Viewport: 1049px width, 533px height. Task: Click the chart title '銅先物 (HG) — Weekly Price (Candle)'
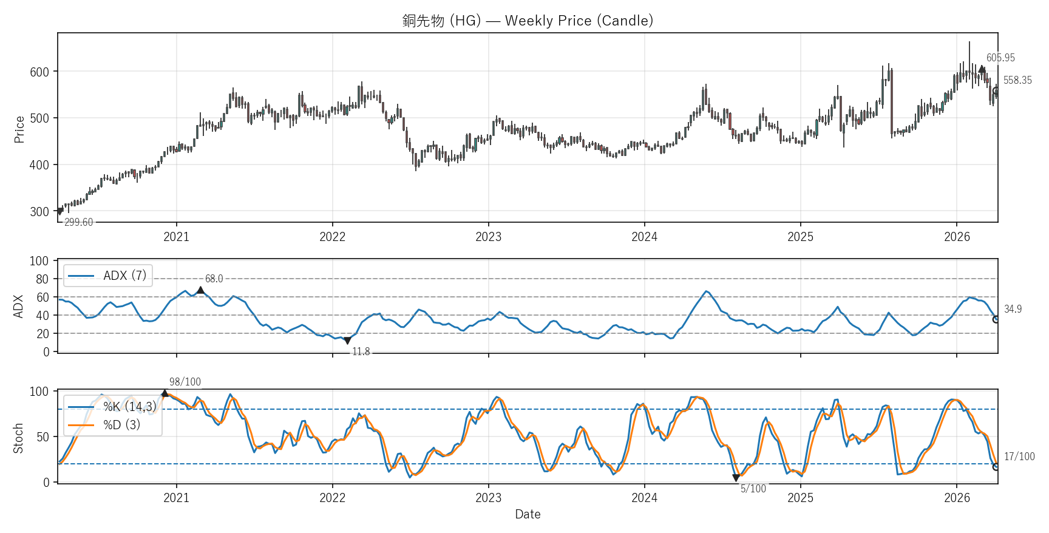click(x=528, y=21)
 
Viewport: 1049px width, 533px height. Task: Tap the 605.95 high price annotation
click(x=1000, y=58)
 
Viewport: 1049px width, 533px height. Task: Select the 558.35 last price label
click(x=1017, y=81)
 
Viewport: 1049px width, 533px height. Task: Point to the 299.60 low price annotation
click(x=79, y=222)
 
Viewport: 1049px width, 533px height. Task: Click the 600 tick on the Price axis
click(x=39, y=72)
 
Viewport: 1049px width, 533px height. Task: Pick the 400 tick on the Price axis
click(x=39, y=165)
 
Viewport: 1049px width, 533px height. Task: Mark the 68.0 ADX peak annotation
click(x=214, y=279)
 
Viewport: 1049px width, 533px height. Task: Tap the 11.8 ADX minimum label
click(x=361, y=352)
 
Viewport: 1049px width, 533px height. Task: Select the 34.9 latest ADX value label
click(x=1013, y=310)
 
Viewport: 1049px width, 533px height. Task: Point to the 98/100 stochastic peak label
click(x=185, y=382)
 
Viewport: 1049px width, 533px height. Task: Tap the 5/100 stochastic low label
click(x=753, y=489)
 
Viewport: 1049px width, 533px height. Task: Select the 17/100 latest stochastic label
click(x=1019, y=457)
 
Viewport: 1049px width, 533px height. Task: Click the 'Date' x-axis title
click(x=528, y=514)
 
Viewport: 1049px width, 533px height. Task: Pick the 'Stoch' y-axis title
click(x=18, y=438)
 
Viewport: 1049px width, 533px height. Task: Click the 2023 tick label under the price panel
click(x=488, y=237)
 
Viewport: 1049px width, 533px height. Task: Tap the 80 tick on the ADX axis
click(x=42, y=279)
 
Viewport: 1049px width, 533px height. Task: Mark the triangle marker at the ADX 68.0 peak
click(x=200, y=290)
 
